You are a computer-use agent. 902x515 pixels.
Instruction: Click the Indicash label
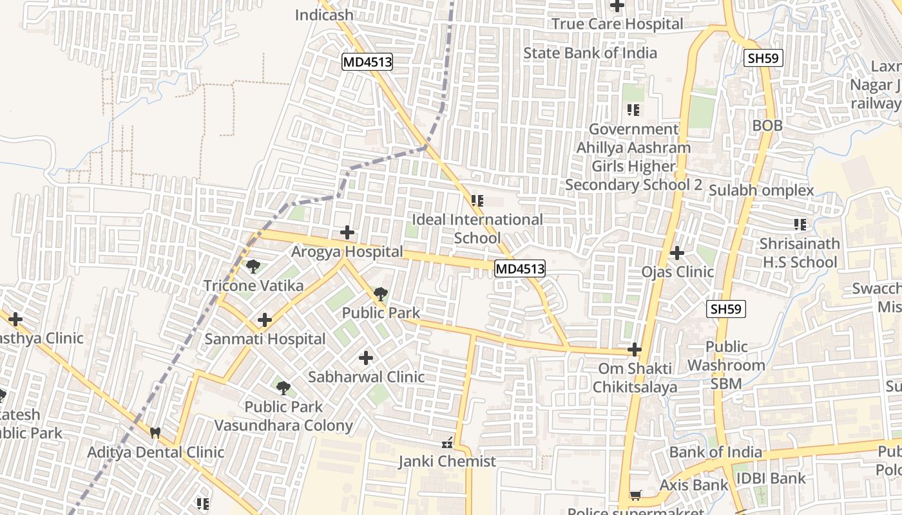tap(323, 14)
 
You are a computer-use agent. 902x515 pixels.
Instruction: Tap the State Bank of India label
tap(590, 53)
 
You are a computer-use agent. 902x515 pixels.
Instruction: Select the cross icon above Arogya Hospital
tap(347, 232)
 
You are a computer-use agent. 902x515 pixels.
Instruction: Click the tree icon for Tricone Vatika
tap(253, 266)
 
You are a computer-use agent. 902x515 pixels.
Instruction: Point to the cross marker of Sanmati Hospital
tap(264, 319)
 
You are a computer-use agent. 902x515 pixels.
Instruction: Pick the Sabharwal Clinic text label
tap(366, 377)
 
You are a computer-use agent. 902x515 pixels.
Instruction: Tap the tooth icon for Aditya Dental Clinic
tap(155, 433)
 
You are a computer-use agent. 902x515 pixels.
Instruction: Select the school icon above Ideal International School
tap(477, 201)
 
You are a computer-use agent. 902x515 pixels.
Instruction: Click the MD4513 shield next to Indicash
tap(367, 62)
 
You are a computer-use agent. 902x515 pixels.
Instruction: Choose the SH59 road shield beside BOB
tap(763, 58)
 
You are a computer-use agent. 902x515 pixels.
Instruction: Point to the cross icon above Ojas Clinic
tap(676, 253)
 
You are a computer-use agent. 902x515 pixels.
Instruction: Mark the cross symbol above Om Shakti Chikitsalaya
tap(635, 350)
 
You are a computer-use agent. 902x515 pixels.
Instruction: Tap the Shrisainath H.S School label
tap(800, 253)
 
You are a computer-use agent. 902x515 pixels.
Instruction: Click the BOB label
tap(767, 126)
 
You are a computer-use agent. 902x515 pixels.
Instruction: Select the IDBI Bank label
tap(771, 478)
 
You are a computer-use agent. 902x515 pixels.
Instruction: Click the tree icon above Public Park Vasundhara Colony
tap(283, 388)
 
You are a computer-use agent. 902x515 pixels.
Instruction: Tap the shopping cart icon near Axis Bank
tap(635, 495)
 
